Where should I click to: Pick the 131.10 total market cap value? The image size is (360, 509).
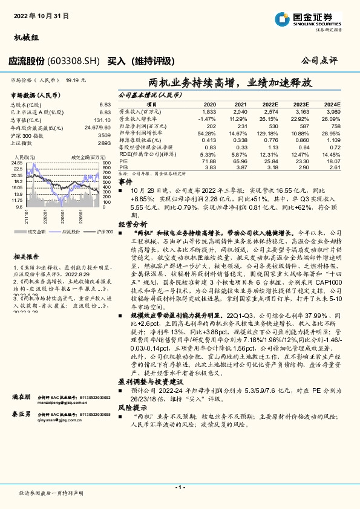pos(102,120)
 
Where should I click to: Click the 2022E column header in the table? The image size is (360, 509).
pos(270,104)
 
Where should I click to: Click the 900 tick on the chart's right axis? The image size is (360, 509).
pos(106,164)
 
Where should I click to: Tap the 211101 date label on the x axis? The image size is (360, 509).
pos(27,215)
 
